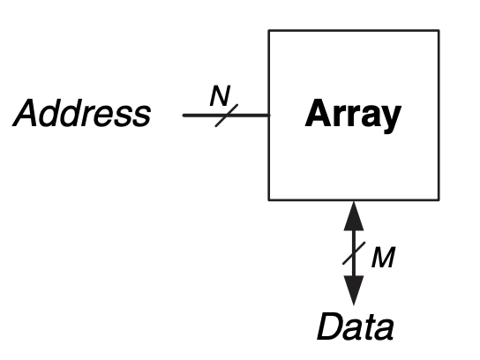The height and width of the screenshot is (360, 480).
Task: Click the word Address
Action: point(81,113)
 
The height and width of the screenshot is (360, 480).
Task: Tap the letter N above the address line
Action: point(220,95)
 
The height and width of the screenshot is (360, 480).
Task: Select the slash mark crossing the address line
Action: point(227,116)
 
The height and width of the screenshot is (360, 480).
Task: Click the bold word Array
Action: point(353,116)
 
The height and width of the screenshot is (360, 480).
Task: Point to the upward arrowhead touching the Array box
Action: point(354,216)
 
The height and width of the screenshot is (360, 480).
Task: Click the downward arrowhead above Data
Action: point(354,290)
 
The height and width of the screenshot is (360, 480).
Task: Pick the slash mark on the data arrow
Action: point(354,253)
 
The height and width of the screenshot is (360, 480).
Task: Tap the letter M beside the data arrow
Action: point(383,257)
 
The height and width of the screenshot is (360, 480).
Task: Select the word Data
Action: point(355,326)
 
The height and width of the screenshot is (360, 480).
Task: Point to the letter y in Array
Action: point(389,119)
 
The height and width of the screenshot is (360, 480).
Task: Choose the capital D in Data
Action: point(330,326)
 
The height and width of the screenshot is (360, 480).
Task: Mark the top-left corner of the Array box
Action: point(269,30)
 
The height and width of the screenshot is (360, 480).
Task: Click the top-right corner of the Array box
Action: point(439,30)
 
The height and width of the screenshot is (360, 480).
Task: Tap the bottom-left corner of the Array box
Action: point(269,200)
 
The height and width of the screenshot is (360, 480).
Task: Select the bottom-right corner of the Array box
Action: point(439,200)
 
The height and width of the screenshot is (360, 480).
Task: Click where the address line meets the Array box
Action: point(269,116)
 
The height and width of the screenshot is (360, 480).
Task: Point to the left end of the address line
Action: point(184,116)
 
